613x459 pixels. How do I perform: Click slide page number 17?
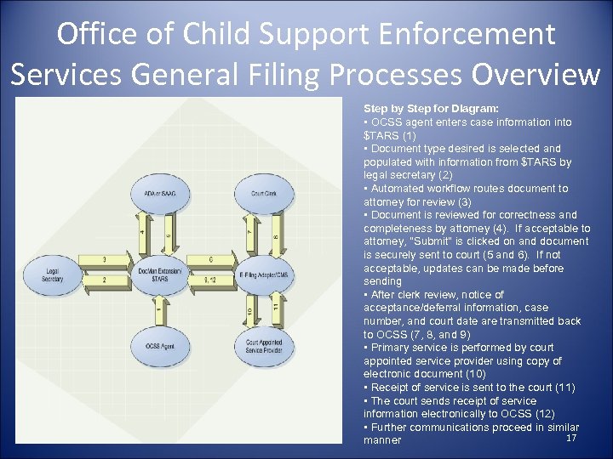point(571,438)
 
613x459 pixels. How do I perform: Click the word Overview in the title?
point(536,75)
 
